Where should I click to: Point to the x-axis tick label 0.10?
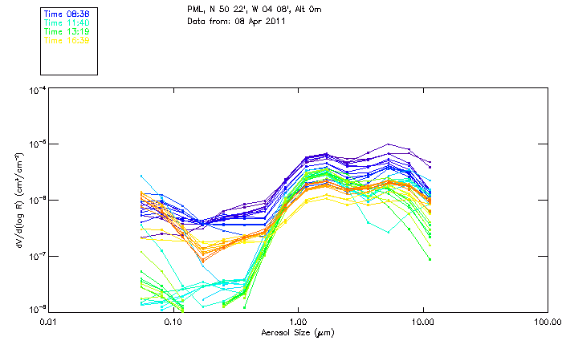tap(173, 322)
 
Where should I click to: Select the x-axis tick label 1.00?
tap(299, 322)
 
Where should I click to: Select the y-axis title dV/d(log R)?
tap(18, 200)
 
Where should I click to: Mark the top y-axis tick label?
tap(38, 91)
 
